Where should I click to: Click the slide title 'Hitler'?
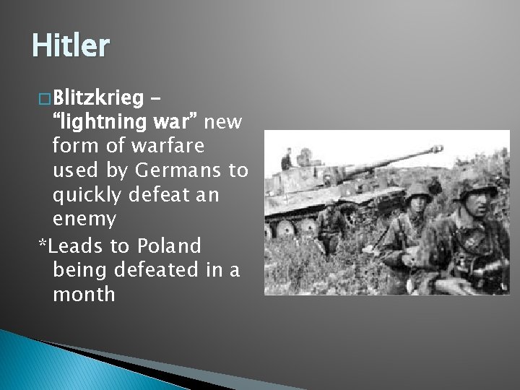(x=70, y=45)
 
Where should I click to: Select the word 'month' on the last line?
(x=84, y=293)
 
